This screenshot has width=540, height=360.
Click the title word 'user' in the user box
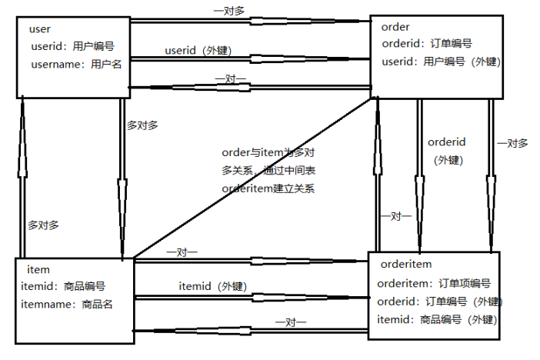(x=39, y=29)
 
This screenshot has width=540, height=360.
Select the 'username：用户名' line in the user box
(x=76, y=65)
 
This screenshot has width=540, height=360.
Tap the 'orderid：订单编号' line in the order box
(x=427, y=44)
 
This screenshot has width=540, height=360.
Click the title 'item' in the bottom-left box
(x=38, y=269)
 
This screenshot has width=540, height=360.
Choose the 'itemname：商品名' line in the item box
(x=68, y=304)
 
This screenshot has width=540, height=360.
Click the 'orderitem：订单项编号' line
(x=433, y=283)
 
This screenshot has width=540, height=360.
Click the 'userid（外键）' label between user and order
(x=198, y=51)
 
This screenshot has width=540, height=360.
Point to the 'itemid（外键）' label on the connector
(x=212, y=286)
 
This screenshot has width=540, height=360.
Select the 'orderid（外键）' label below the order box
(x=447, y=151)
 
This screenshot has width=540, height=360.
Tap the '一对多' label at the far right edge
(x=512, y=143)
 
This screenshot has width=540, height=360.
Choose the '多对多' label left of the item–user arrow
(x=43, y=225)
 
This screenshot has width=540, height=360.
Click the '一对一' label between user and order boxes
(x=230, y=78)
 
